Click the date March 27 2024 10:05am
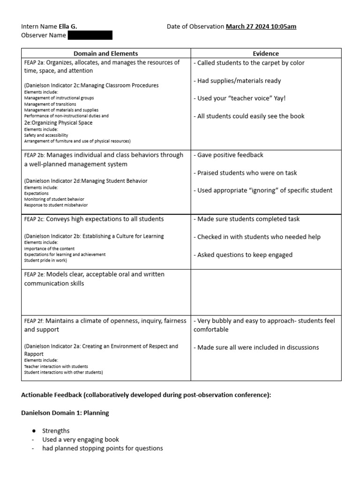(x=261, y=27)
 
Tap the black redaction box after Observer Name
(x=90, y=36)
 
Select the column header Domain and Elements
(x=105, y=53)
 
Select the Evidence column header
(x=266, y=53)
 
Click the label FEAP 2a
(x=33, y=63)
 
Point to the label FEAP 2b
(x=33, y=155)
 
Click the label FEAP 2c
(x=33, y=219)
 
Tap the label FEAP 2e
(x=33, y=275)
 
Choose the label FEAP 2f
(x=33, y=321)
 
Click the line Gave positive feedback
(x=228, y=155)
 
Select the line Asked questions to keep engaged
(x=243, y=255)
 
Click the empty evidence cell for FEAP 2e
(x=266, y=292)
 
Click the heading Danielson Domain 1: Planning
(x=65, y=413)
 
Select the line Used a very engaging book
(x=81, y=440)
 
